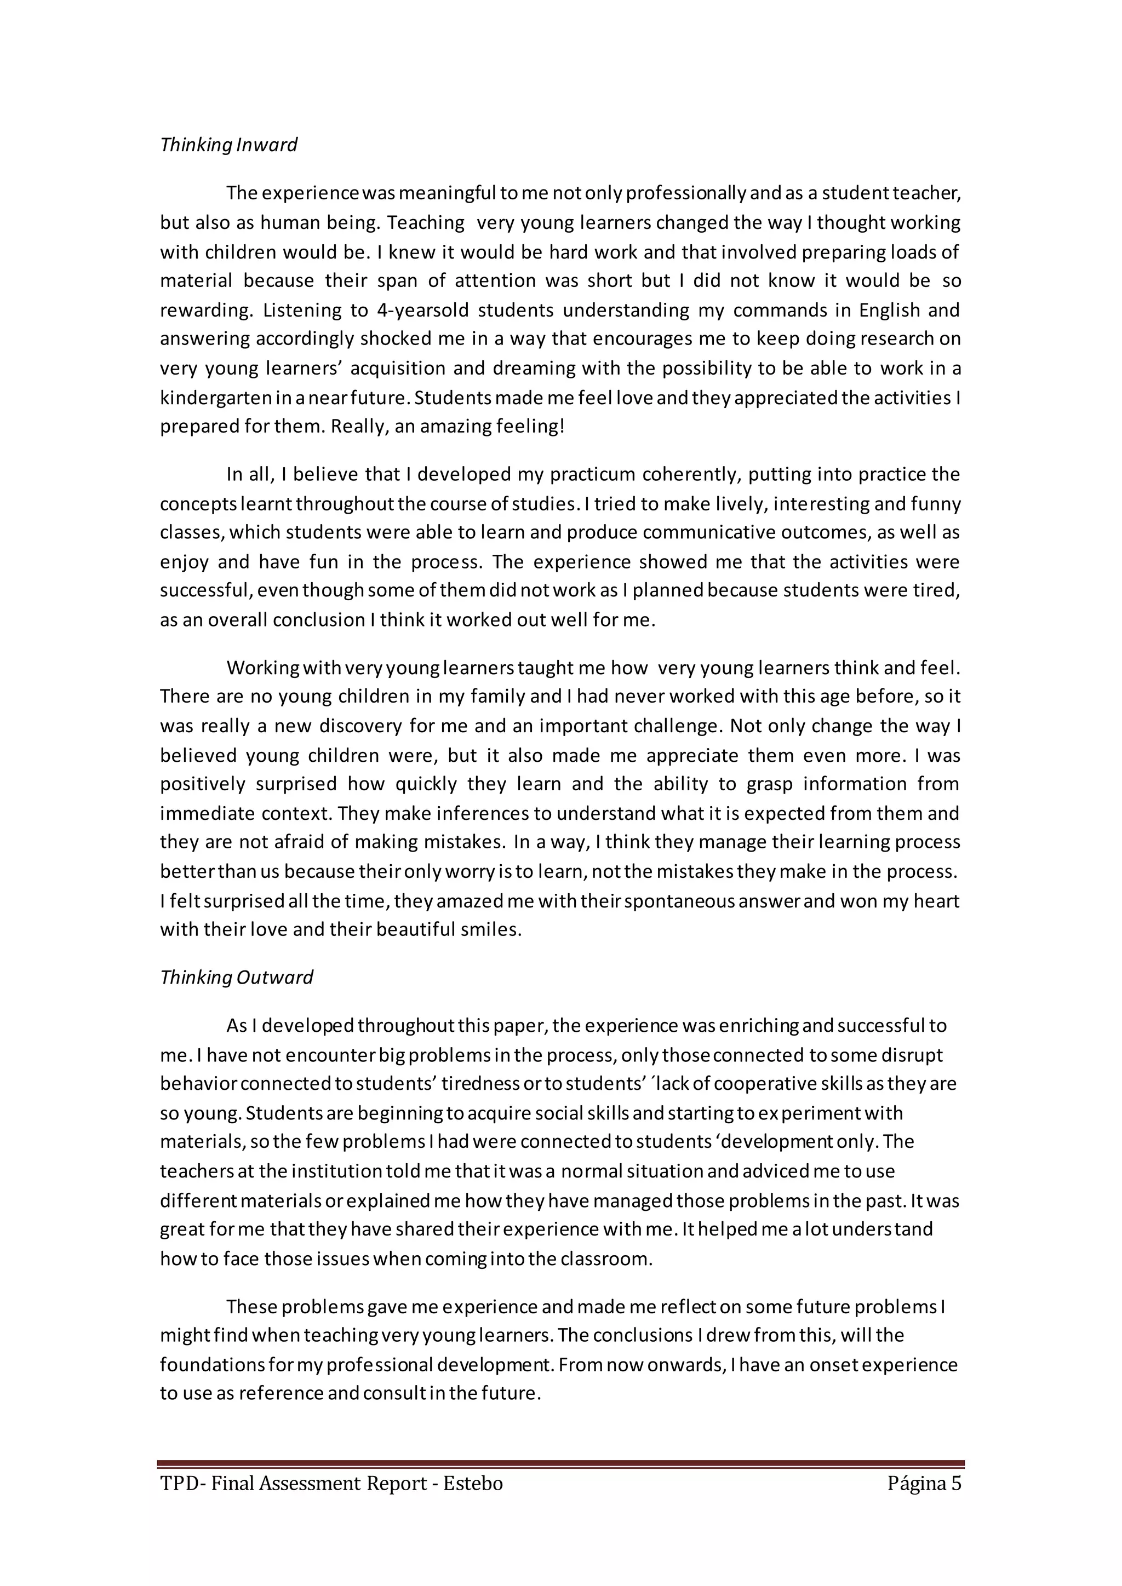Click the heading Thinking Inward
pyautogui.click(x=228, y=145)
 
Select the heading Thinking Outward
pyautogui.click(x=236, y=978)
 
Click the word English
pyautogui.click(x=889, y=310)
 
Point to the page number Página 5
pyautogui.click(x=924, y=1484)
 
